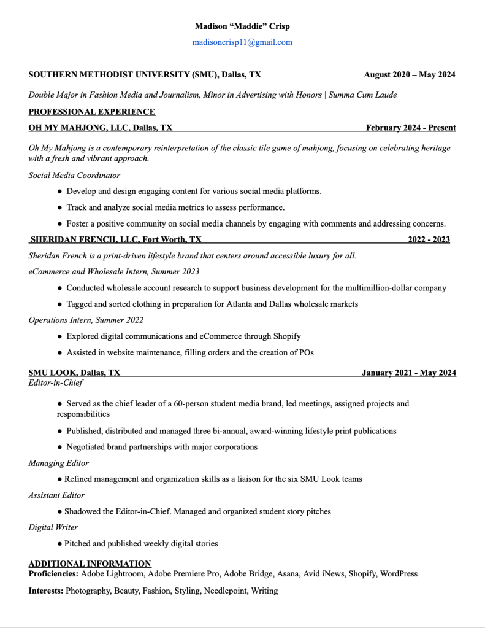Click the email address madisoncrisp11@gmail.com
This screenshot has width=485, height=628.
242,42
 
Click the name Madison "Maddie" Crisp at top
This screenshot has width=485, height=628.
242,26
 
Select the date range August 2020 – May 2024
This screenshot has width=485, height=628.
410,75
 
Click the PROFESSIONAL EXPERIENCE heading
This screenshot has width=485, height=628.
92,112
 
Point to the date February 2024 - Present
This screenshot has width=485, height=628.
411,128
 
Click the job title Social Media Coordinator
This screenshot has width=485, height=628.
74,175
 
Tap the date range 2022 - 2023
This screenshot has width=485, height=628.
429,239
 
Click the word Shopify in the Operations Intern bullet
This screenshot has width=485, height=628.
285,336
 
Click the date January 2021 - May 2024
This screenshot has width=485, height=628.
408,373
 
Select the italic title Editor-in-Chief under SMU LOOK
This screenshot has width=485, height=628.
56,382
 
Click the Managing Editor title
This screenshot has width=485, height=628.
59,463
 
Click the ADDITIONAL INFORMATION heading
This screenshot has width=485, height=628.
90,564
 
